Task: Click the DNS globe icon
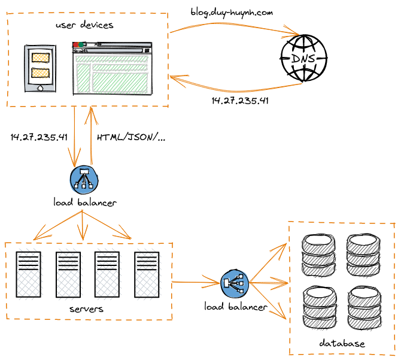click(x=305, y=58)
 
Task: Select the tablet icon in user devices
click(x=40, y=68)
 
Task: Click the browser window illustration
click(x=112, y=68)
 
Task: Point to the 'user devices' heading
click(x=84, y=25)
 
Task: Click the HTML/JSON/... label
click(x=131, y=137)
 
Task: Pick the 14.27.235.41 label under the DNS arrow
click(x=240, y=101)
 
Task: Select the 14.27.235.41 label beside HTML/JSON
click(x=39, y=137)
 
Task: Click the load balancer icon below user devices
click(x=83, y=179)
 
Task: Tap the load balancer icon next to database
click(x=234, y=284)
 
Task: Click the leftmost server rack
click(x=29, y=275)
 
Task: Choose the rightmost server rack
click(x=147, y=275)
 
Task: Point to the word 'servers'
click(x=86, y=309)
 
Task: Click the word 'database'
click(x=342, y=343)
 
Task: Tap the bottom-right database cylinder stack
click(x=363, y=308)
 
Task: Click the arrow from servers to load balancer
click(x=195, y=282)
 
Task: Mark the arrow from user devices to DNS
click(x=233, y=25)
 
